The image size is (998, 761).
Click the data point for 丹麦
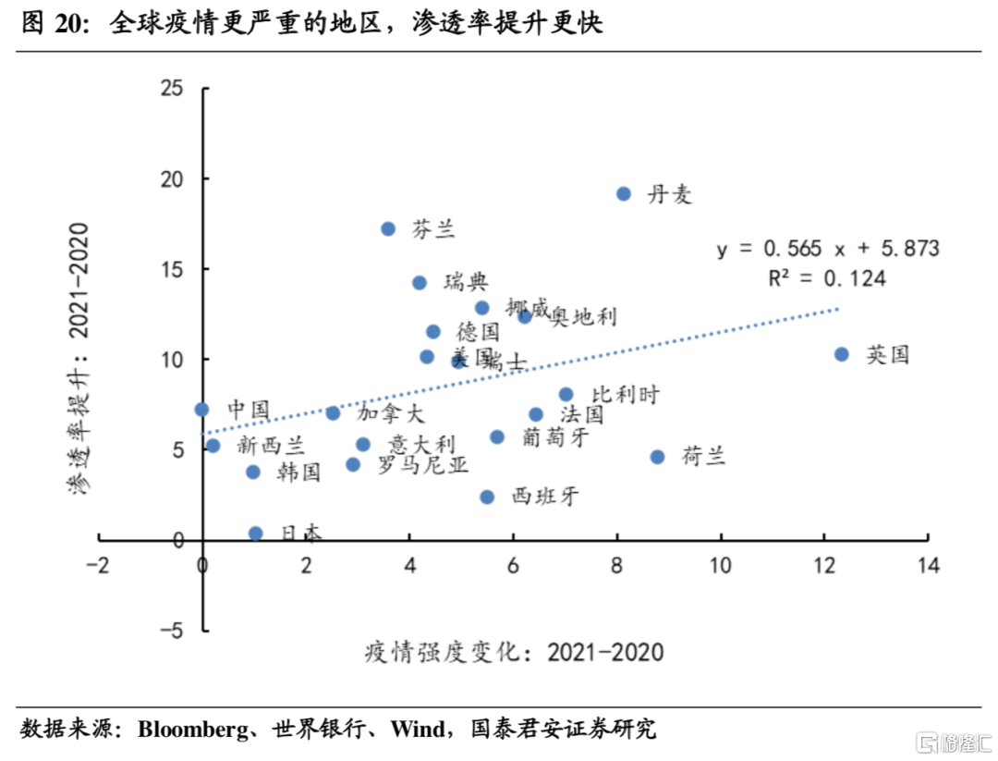click(624, 194)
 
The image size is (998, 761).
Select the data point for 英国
click(841, 354)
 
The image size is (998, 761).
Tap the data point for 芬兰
click(388, 228)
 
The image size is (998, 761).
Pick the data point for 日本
click(256, 534)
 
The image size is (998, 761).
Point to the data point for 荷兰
click(657, 457)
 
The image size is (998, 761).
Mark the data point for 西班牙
click(487, 497)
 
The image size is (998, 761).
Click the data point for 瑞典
click(420, 283)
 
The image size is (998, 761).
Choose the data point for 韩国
click(253, 472)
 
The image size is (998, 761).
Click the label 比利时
click(625, 395)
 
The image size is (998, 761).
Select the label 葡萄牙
click(554, 437)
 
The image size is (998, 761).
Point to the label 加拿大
click(391, 413)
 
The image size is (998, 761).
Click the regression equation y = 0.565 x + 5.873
click(828, 249)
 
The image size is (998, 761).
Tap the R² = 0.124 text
click(827, 277)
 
